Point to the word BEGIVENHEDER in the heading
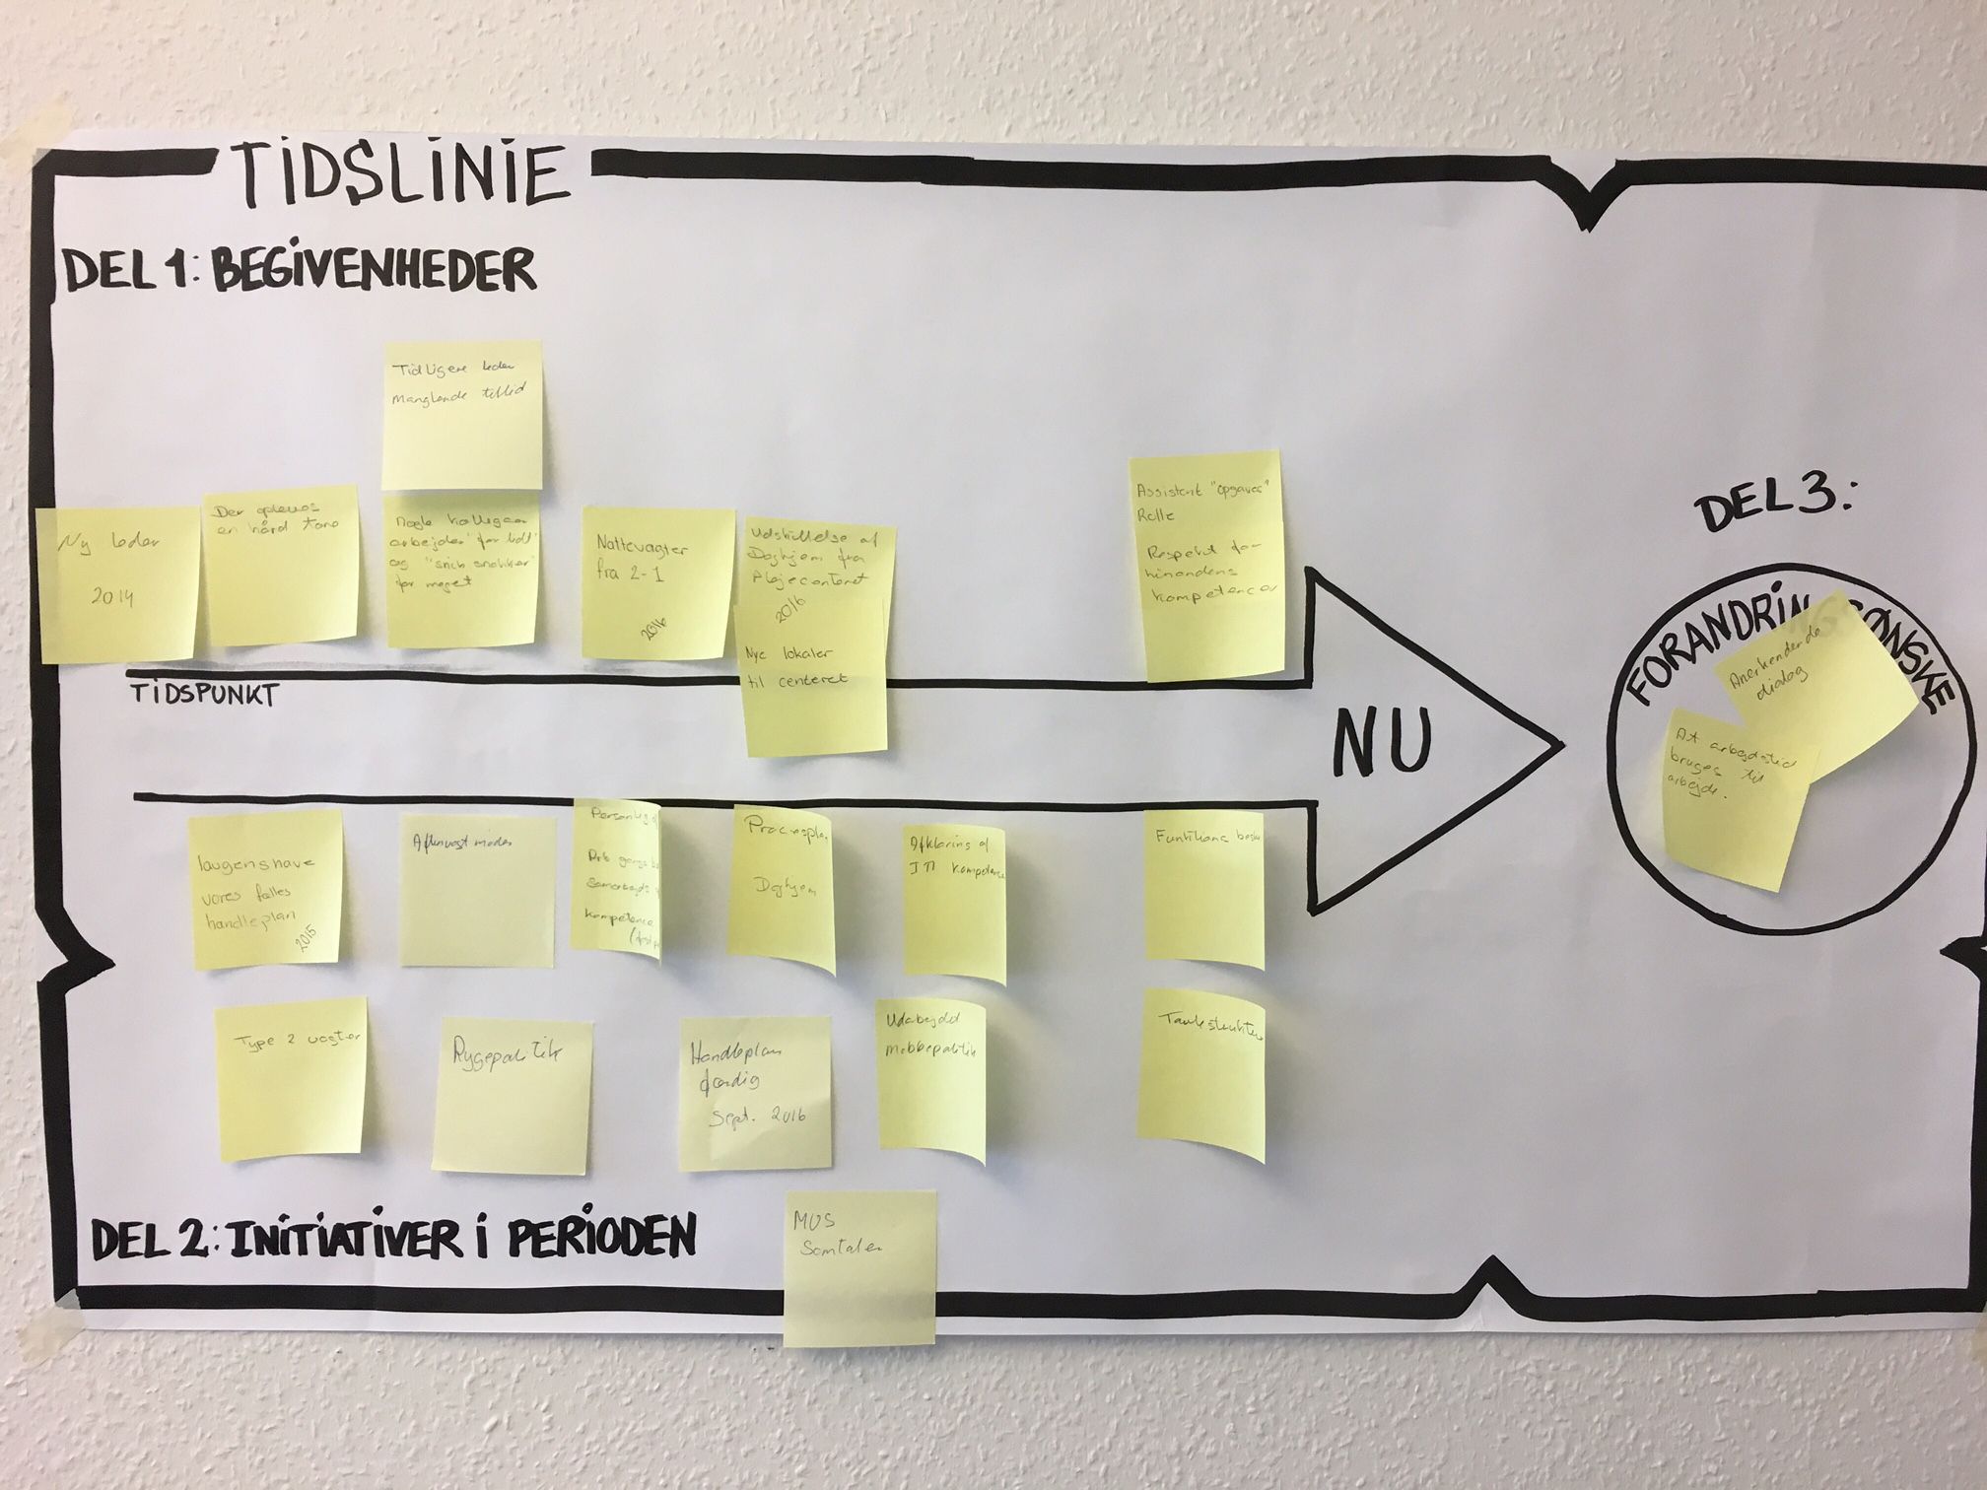point(375,268)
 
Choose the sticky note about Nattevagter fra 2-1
point(657,581)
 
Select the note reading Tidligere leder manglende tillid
point(461,414)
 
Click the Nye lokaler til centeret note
point(814,700)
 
